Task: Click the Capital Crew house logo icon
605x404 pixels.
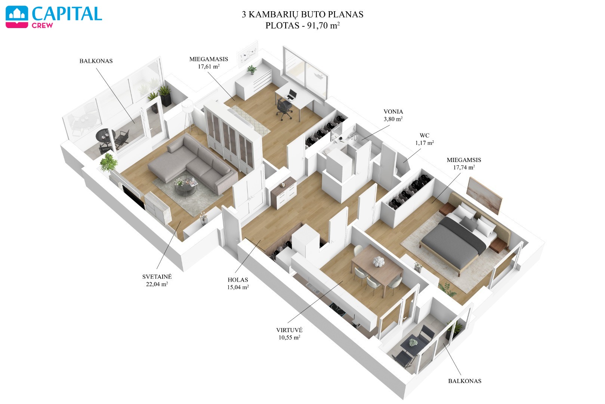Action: tap(17, 17)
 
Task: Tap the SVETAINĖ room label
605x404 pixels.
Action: tap(157, 277)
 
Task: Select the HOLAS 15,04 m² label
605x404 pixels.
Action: tap(238, 284)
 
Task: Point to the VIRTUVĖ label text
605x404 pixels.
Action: tap(289, 330)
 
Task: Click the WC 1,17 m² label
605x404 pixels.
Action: tap(424, 139)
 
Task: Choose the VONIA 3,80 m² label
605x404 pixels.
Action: tap(393, 115)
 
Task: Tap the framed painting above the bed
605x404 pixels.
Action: tap(484, 196)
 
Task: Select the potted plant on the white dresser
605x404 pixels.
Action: tap(252, 70)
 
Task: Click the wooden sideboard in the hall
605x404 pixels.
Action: tap(284, 193)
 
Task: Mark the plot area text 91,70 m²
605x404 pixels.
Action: tap(323, 25)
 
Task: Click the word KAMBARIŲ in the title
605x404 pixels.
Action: tap(273, 14)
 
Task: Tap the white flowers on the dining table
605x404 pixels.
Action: tap(379, 261)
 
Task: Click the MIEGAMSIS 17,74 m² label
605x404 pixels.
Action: tap(464, 163)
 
